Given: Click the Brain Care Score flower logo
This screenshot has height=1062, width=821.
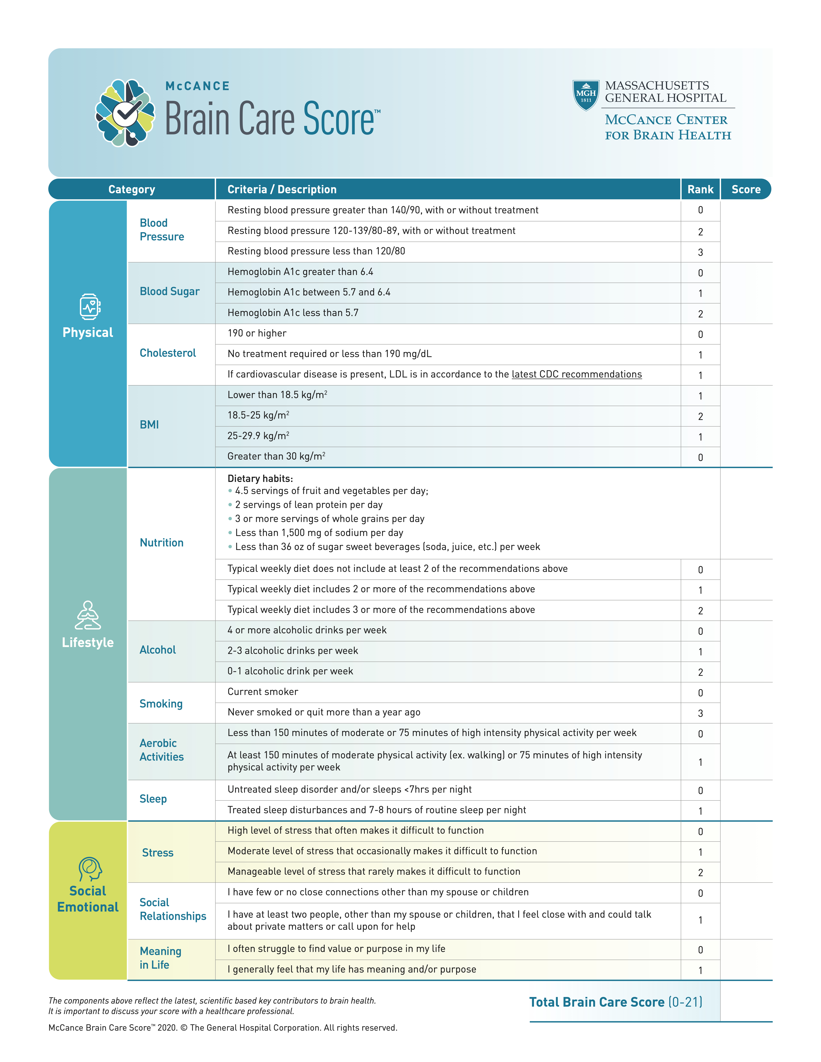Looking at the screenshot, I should point(125,113).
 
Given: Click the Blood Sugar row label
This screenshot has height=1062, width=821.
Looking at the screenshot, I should point(169,291).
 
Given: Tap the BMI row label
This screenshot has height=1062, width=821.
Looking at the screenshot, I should point(149,424).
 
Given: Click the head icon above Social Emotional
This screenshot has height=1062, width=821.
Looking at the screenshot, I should point(90,869).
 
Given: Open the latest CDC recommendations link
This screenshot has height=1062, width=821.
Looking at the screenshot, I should point(576,374).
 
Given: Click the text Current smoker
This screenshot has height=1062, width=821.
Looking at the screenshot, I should point(263,691).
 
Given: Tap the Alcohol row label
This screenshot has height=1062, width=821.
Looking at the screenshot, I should point(158,650).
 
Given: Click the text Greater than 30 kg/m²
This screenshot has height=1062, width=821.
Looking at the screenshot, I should point(276,456).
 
